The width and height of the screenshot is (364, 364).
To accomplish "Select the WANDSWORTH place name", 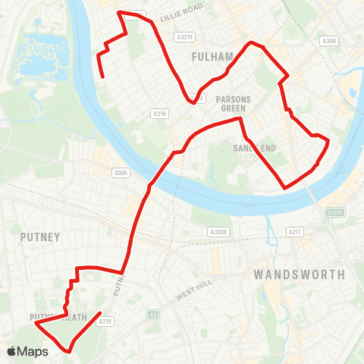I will [x=300, y=274].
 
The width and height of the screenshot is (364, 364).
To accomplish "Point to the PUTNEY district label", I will [x=40, y=237].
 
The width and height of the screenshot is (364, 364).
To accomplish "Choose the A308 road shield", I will [x=328, y=41].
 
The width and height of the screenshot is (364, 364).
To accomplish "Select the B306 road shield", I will [x=120, y=173].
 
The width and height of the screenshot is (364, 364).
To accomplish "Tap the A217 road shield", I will [x=295, y=231].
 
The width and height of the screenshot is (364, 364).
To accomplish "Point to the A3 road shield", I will [x=153, y=315].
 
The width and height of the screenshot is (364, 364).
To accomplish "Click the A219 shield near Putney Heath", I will [x=105, y=322].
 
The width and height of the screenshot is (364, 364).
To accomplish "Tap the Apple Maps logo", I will [x=27, y=351].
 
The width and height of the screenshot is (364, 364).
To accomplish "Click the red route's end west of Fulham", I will [x=102, y=76].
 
